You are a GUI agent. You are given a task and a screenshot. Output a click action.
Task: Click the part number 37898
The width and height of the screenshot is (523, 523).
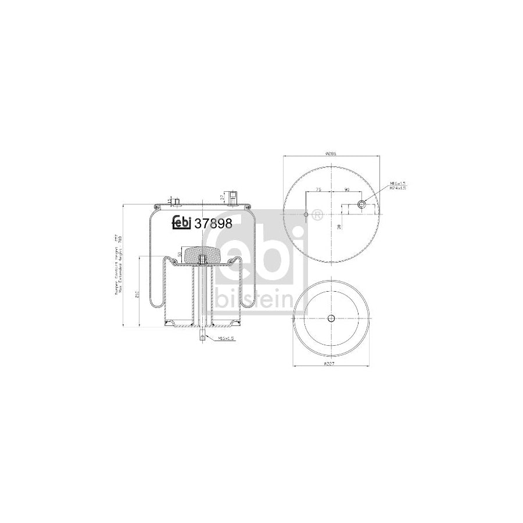tap(213, 223)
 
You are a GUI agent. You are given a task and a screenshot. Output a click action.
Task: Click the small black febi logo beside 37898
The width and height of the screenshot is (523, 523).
tap(182, 223)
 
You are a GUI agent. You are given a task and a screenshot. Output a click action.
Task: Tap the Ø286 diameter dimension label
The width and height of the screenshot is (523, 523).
tap(331, 154)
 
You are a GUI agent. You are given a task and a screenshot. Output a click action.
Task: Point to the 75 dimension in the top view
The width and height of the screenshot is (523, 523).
tap(318, 190)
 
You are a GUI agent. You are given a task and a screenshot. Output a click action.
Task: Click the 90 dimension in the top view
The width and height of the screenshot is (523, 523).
tap(346, 190)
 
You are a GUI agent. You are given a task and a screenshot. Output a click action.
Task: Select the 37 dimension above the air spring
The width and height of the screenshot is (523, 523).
tap(223, 197)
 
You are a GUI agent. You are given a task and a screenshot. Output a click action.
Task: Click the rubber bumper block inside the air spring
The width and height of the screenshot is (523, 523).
tap(201, 253)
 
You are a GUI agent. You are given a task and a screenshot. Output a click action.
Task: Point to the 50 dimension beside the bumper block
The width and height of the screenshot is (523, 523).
tap(180, 254)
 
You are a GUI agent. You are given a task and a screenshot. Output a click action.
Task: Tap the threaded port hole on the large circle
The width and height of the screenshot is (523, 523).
tap(361, 205)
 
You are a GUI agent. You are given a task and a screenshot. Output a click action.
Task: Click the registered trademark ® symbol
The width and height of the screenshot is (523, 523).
tap(317, 214)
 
